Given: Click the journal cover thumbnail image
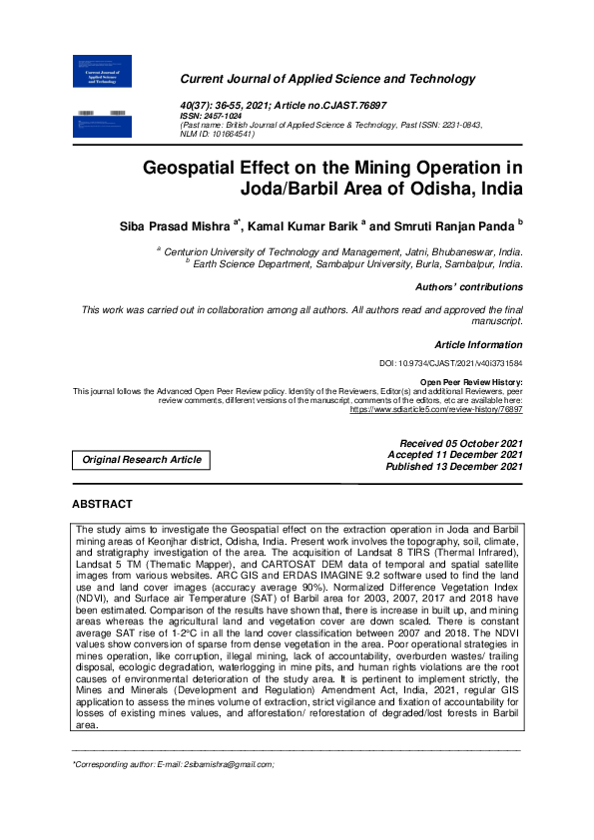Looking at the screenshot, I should point(103,95).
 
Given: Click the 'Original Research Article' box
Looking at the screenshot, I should point(141,460).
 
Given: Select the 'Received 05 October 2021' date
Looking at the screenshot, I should point(461,443).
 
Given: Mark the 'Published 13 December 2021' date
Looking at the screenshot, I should point(454,466).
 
